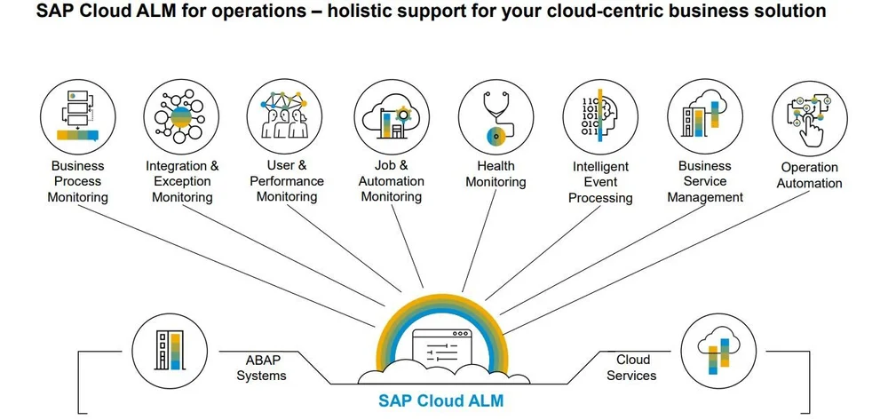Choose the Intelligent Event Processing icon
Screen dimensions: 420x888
tap(600, 119)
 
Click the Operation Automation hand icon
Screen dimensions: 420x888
tap(809, 119)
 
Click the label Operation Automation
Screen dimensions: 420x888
tap(809, 175)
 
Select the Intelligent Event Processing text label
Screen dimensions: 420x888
tap(600, 182)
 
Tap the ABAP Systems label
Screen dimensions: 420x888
tap(267, 368)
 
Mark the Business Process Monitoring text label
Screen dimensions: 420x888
tap(77, 181)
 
